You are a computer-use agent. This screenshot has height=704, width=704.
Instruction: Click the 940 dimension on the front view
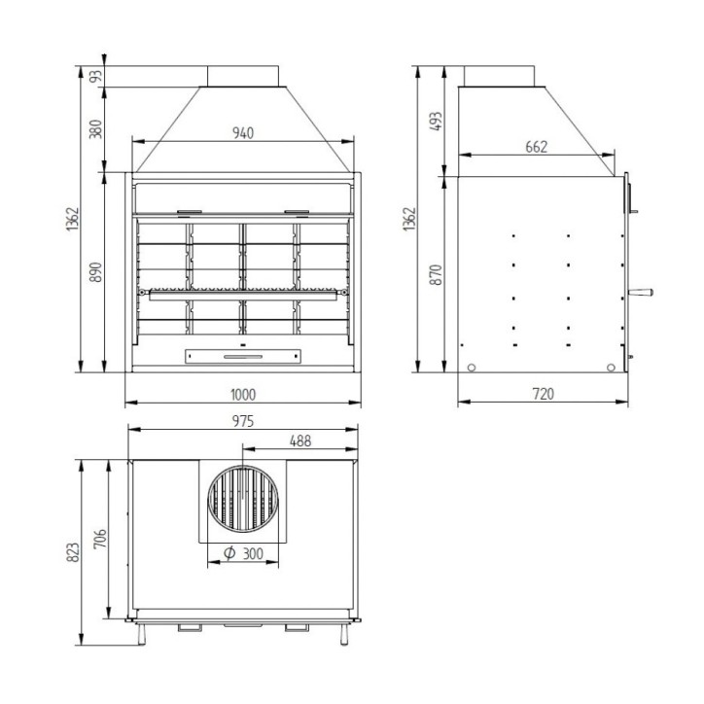(x=242, y=133)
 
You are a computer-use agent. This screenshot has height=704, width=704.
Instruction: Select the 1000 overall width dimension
(x=242, y=394)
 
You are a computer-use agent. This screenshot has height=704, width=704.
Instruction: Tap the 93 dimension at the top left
(x=95, y=77)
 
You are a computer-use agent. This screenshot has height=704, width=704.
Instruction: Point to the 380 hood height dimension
(x=95, y=129)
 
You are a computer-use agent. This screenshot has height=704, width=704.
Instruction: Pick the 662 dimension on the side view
(x=536, y=146)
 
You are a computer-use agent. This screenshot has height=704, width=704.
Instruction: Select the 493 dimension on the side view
(x=437, y=121)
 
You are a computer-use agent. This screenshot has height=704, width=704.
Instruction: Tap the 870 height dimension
(x=437, y=273)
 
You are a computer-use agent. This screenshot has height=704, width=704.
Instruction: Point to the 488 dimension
(x=300, y=440)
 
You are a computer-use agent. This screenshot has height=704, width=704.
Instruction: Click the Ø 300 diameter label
(x=244, y=554)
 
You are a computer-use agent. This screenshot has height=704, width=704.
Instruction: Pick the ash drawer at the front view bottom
(x=242, y=356)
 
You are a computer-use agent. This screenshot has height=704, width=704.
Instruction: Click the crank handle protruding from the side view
(x=641, y=290)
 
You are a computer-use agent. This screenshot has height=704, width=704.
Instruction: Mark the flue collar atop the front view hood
(x=242, y=77)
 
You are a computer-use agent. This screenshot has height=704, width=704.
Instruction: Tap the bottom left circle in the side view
(x=471, y=368)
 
